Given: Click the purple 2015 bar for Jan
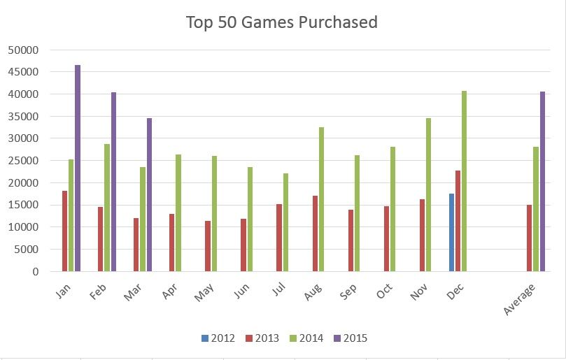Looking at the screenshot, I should [x=78, y=168].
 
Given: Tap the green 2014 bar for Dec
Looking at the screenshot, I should [x=465, y=181].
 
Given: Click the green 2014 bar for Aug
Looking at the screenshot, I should [x=321, y=199].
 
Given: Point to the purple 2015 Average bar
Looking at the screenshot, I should [x=542, y=181].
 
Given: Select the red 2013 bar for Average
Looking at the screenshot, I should [x=530, y=238].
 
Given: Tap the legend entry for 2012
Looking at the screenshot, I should [x=217, y=338].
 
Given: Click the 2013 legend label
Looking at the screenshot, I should [x=265, y=338].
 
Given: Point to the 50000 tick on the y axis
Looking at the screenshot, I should [x=24, y=50].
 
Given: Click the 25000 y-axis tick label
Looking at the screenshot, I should [x=24, y=161].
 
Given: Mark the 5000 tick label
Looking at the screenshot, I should [x=27, y=250].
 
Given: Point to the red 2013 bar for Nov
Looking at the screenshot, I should [x=423, y=235].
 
